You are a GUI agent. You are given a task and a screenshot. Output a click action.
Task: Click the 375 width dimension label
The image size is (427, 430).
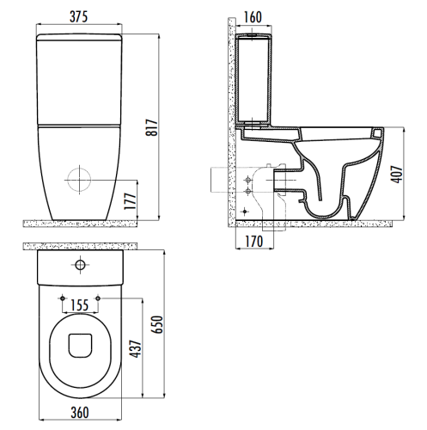click(78, 17)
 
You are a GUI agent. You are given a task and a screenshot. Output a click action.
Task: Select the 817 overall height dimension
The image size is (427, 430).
click(152, 127)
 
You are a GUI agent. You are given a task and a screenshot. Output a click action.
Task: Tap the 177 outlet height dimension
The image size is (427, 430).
click(131, 201)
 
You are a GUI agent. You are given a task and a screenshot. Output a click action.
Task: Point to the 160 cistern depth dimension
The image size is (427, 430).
click(253, 17)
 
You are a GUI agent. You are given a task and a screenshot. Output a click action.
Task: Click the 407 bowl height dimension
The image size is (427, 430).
click(397, 174)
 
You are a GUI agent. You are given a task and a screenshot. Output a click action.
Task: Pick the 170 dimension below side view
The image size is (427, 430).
click(254, 242)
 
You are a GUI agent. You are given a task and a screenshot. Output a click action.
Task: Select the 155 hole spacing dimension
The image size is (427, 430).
click(80, 305)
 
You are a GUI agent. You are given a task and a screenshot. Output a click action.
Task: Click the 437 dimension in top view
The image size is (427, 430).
click(136, 349)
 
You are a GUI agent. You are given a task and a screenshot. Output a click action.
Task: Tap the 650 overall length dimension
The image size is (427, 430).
click(157, 324)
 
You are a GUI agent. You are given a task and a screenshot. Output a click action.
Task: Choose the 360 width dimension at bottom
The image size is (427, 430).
click(80, 413)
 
